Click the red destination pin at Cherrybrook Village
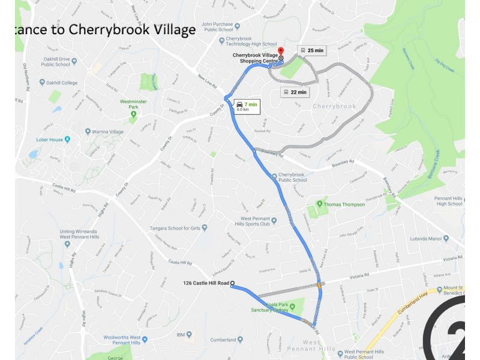pos(281,53)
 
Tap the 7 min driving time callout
pos(247,107)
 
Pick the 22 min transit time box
pos(295,92)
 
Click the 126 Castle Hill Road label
pos(206,283)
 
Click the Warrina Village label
pos(108,131)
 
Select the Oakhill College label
pos(60,83)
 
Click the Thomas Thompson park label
pos(344,205)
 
